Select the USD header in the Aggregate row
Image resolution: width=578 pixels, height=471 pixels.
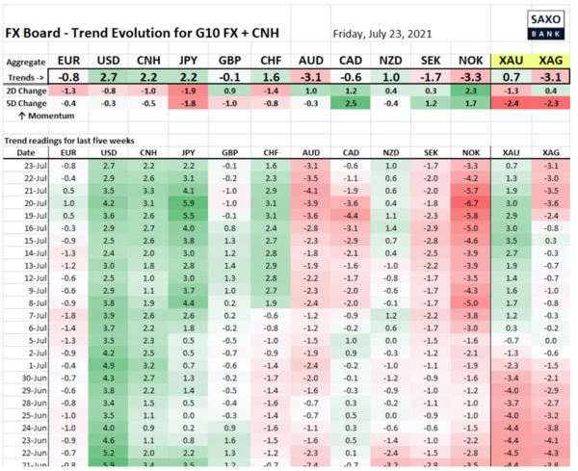pos(108,60)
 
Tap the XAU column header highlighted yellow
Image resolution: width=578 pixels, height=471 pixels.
pos(512,60)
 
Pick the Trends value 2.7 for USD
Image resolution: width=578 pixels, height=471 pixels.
pos(108,75)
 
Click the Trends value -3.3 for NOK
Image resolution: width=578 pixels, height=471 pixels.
pos(470,75)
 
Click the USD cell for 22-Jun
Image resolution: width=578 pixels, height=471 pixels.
pos(108,451)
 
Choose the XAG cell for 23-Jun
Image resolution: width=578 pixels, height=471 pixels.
pos(552,438)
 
